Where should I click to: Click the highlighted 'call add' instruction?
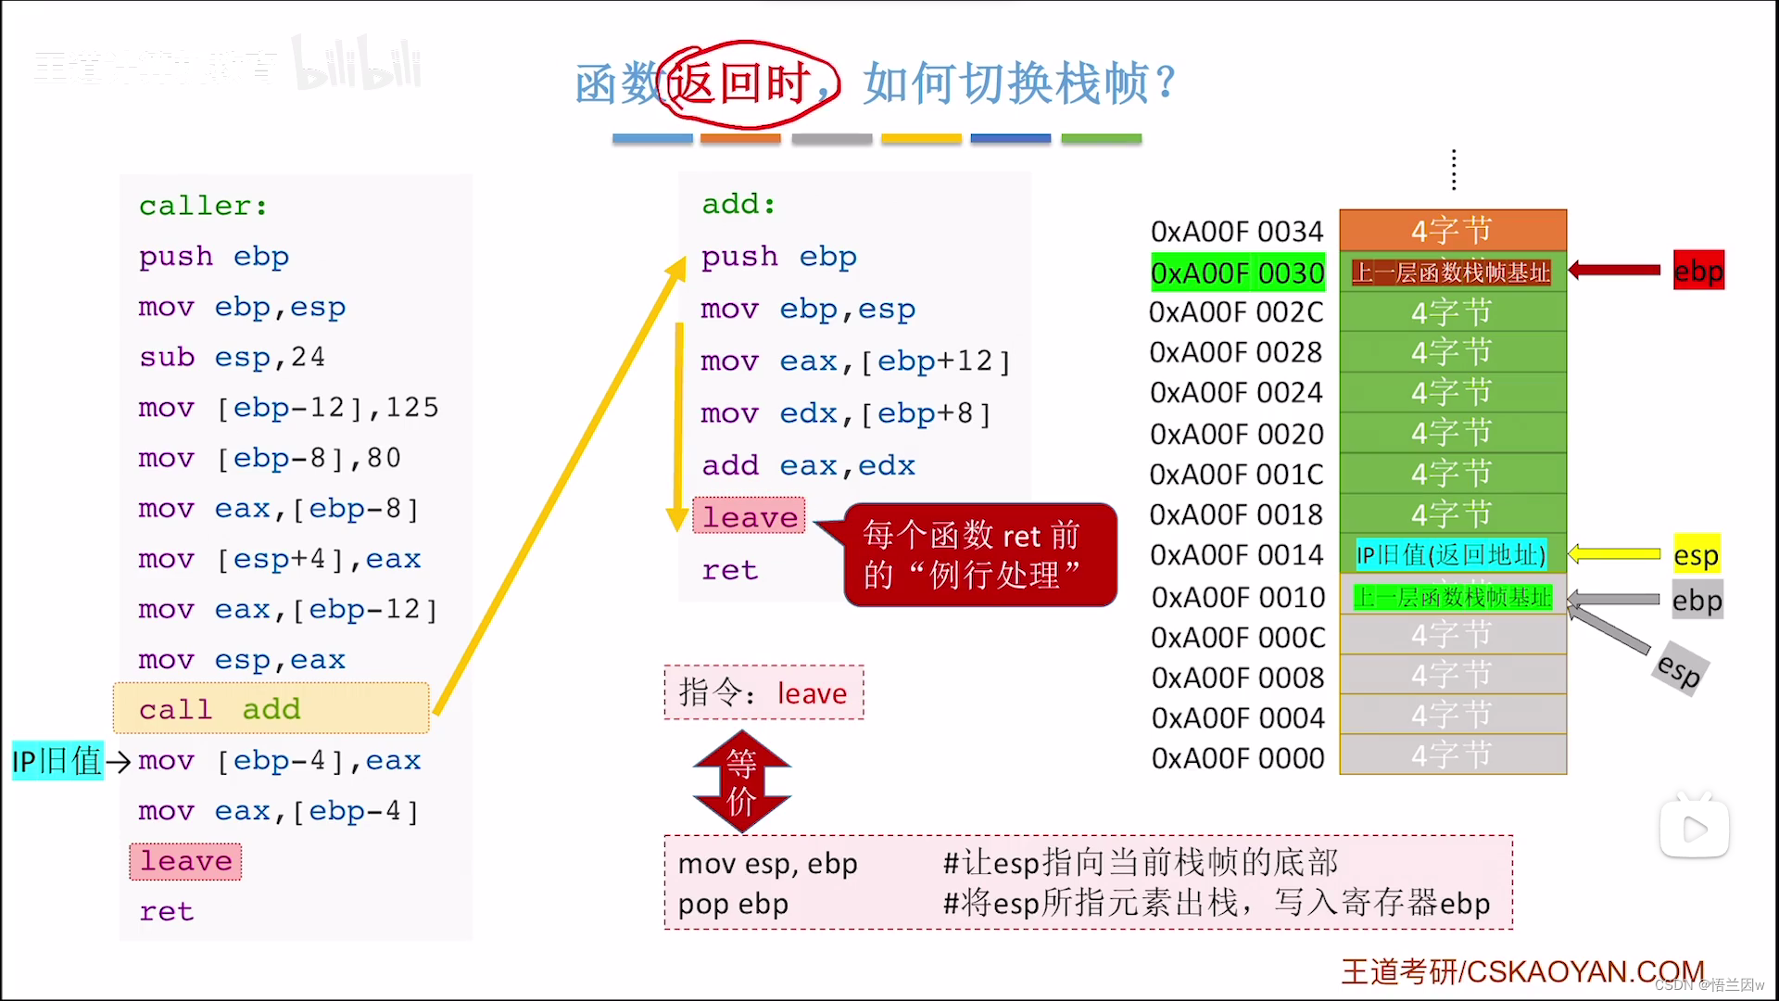pos(270,709)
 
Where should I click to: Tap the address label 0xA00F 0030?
pos(1237,272)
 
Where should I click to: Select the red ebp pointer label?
pos(1697,271)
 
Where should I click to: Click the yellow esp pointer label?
pos(1696,555)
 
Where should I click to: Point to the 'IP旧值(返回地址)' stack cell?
pos(1451,555)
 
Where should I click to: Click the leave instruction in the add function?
pos(749,516)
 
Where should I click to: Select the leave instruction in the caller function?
pos(185,861)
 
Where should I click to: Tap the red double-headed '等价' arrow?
pos(741,781)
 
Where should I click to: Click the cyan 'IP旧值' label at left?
pos(57,761)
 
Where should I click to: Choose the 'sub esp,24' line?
pos(232,357)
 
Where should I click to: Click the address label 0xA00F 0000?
pos(1238,758)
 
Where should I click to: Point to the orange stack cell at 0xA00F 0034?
pos(1452,230)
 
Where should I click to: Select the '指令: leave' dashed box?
pos(763,692)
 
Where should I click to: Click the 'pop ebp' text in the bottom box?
pos(733,904)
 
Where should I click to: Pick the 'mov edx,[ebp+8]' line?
pos(845,413)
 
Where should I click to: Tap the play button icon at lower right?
pos(1694,829)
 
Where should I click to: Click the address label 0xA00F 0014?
pos(1236,555)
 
